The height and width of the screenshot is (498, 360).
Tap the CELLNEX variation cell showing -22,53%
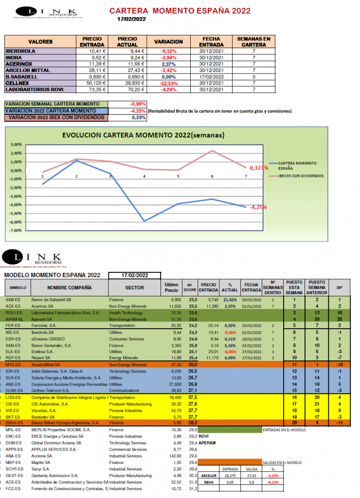[168, 83]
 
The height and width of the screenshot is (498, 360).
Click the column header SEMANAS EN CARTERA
[253, 42]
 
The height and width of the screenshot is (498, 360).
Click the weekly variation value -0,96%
[138, 104]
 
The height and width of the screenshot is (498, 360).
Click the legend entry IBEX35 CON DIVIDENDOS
[301, 176]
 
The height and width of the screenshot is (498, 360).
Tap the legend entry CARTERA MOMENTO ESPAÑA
[297, 164]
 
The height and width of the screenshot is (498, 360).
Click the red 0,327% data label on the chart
[259, 168]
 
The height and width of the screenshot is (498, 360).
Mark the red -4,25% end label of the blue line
[258, 207]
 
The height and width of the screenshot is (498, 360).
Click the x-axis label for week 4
[144, 176]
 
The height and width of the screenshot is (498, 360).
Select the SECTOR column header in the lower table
[134, 288]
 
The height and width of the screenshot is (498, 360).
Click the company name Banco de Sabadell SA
[52, 300]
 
